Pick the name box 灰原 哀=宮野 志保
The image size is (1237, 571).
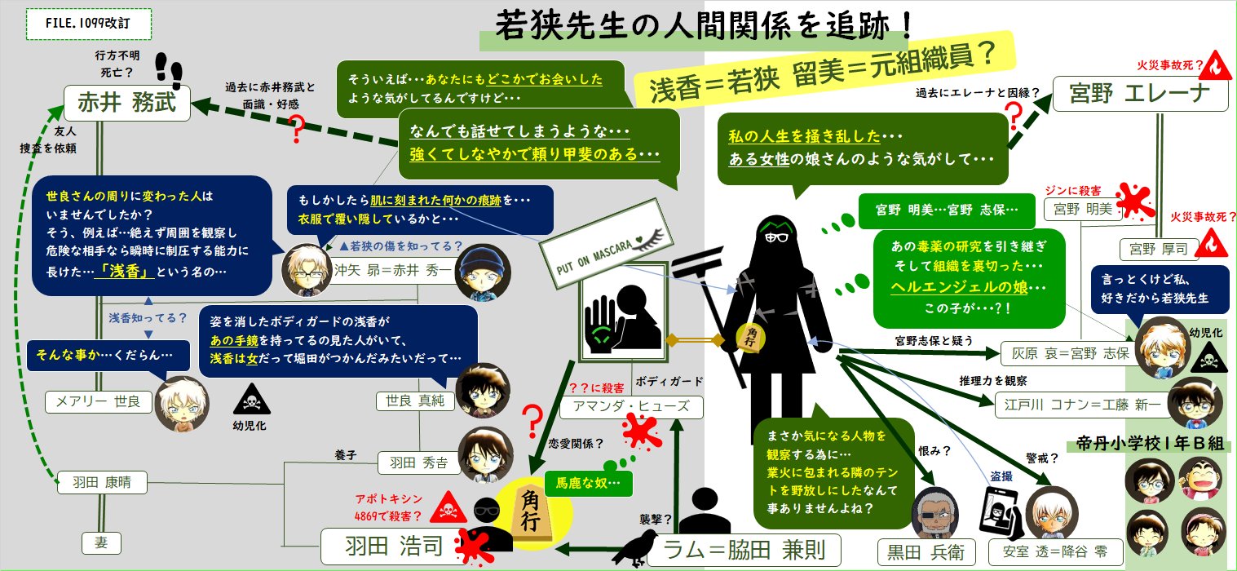(1066, 353)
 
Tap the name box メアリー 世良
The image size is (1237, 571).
(97, 401)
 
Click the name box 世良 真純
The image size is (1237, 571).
(412, 401)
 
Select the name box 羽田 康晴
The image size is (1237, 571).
(102, 483)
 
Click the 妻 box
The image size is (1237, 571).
(101, 542)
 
